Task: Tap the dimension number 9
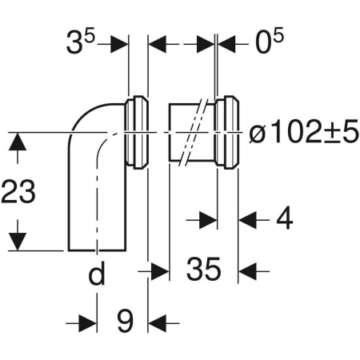pyautogui.click(x=123, y=322)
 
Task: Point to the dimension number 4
pyautogui.click(x=283, y=218)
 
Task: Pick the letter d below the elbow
pyautogui.click(x=96, y=274)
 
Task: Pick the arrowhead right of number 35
pyautogui.click(x=248, y=271)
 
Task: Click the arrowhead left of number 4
pyautogui.click(x=208, y=218)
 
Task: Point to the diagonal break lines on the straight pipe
pyautogui.click(x=190, y=133)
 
